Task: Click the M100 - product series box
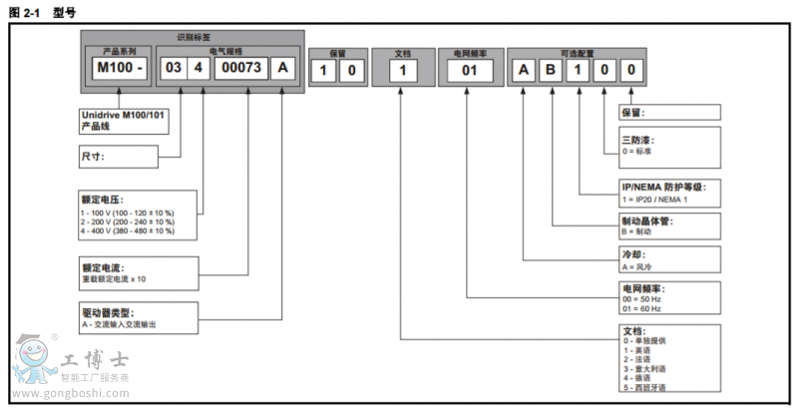(x=117, y=69)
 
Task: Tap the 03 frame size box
(x=174, y=69)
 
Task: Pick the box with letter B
(x=551, y=70)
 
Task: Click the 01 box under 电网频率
(x=469, y=70)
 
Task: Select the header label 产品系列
(x=119, y=50)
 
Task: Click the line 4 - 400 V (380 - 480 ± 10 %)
(x=127, y=230)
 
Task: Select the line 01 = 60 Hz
(x=642, y=308)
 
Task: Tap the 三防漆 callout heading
(x=637, y=141)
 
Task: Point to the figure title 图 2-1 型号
(x=41, y=11)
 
